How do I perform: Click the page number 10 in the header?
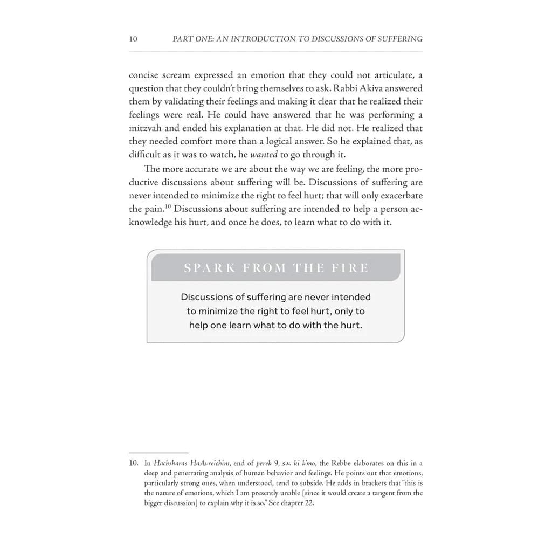[133, 39]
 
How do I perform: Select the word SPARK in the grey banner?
[210, 268]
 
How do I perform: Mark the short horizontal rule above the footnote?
[158, 453]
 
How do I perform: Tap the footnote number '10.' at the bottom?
[134, 463]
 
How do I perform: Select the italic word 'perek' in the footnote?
[256, 463]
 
